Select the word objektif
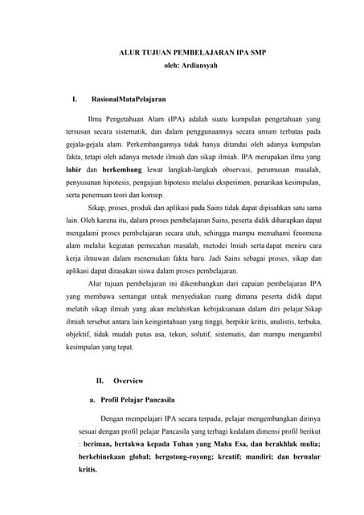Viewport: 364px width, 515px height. pyautogui.click(x=80, y=334)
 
